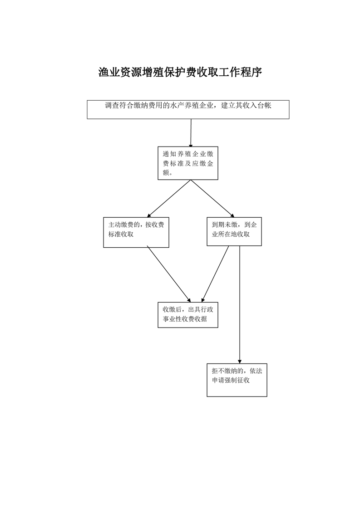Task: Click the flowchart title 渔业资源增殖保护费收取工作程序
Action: [x=180, y=72]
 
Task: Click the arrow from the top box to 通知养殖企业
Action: [x=191, y=133]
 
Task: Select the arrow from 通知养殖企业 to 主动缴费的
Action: [x=168, y=199]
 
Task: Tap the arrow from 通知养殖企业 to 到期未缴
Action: [x=212, y=199]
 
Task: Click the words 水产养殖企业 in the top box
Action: [x=192, y=106]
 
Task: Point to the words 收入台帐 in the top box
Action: [x=257, y=106]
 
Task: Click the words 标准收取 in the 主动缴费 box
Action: [x=121, y=234]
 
